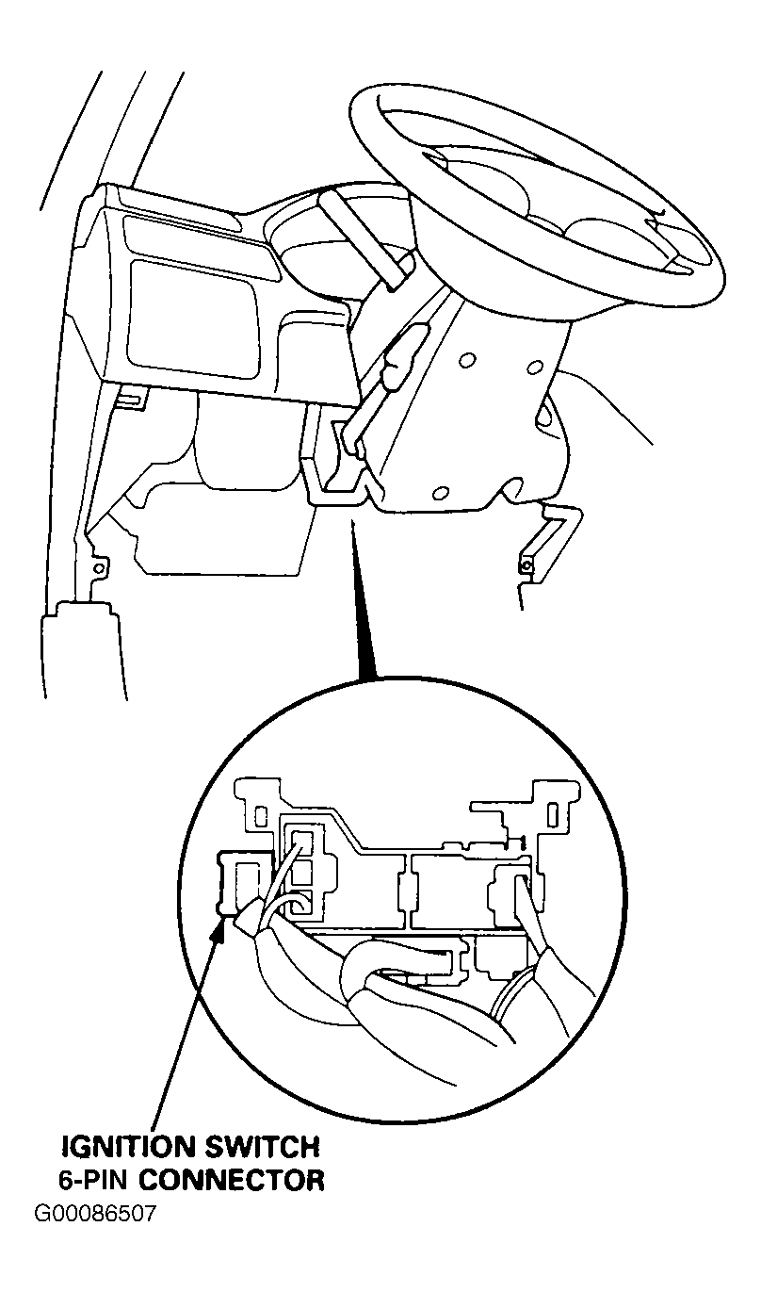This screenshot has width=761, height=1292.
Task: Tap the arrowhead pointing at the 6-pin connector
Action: [220, 929]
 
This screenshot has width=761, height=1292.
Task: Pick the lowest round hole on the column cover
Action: [441, 493]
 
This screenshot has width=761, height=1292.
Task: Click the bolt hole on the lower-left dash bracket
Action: [99, 569]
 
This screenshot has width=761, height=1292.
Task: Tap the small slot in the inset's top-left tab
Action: [260, 815]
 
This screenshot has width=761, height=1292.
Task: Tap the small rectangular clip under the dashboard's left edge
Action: [132, 399]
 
